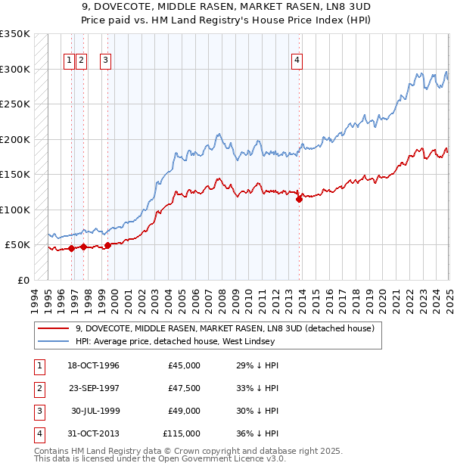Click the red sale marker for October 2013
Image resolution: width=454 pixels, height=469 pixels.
300,199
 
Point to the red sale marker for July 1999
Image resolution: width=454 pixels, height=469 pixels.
107,245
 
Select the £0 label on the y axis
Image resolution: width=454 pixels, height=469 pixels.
23,280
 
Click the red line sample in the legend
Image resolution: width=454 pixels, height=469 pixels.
53,328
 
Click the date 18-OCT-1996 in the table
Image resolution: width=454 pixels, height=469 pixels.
94,365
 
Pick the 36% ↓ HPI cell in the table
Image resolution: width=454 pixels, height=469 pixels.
258,433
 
